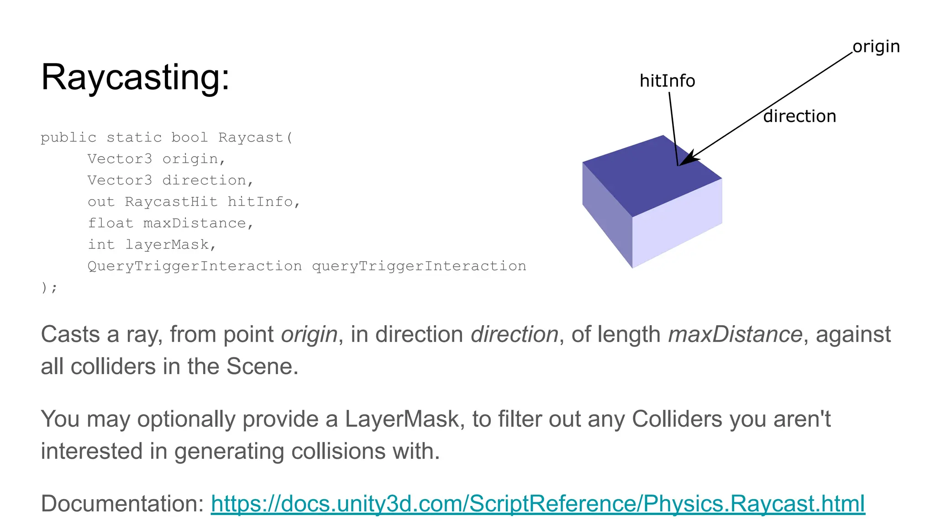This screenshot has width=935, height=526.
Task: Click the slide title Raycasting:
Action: (135, 77)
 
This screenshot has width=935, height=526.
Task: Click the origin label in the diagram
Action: (876, 47)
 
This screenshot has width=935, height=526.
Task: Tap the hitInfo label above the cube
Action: (667, 81)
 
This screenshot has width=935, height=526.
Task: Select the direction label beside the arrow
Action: (799, 116)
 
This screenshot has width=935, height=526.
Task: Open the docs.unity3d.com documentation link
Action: (537, 504)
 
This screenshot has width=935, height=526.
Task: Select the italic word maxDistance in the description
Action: (735, 334)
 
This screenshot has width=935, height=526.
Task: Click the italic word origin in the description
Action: (309, 334)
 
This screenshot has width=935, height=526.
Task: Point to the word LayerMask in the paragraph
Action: (402, 419)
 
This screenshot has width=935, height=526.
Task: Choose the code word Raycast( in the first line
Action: (255, 137)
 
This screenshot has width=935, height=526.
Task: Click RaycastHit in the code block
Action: (171, 202)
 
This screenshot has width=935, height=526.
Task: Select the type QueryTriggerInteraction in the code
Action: (194, 266)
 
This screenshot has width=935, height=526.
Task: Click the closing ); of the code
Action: (49, 288)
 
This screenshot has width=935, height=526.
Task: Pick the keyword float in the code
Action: (110, 223)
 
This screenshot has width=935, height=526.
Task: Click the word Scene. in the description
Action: (262, 367)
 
